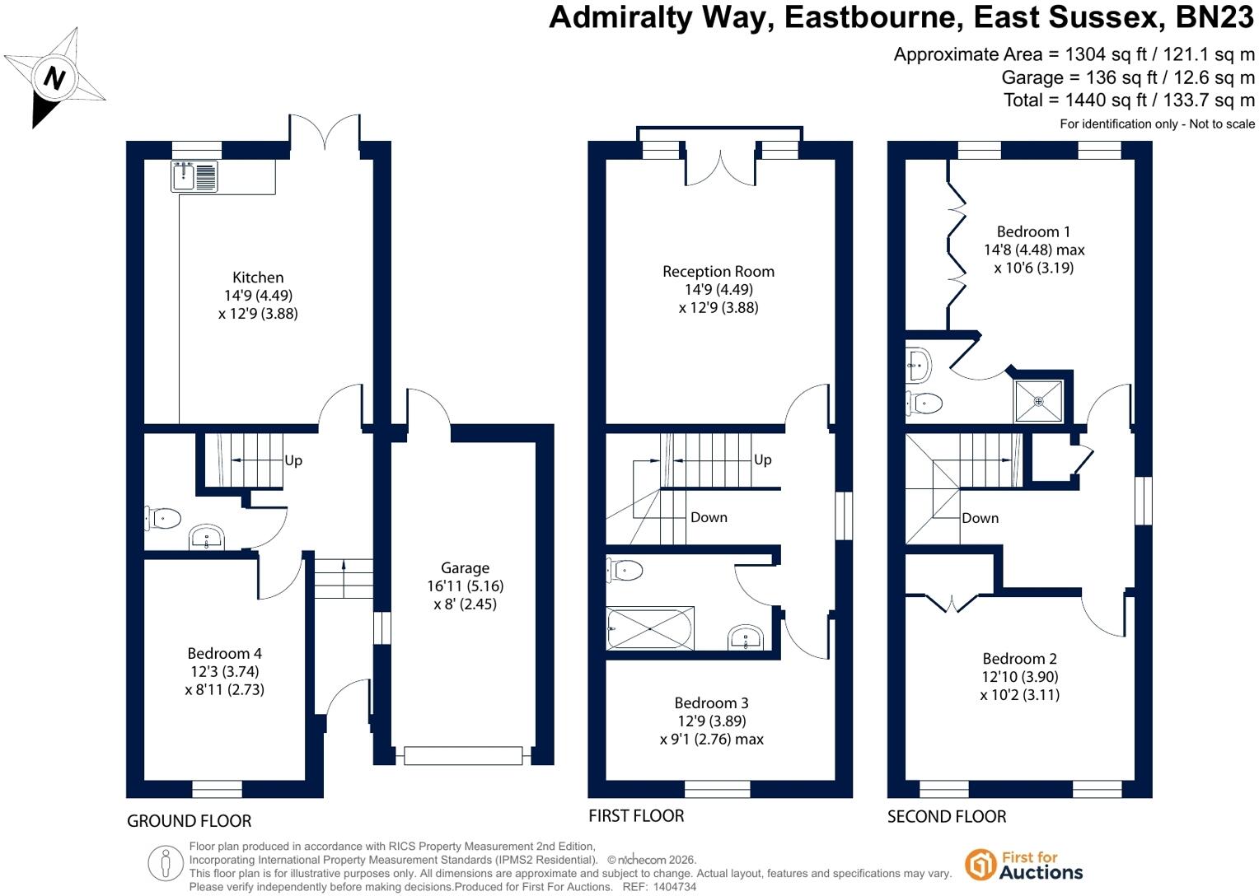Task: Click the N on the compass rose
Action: [54, 77]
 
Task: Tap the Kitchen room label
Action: [258, 277]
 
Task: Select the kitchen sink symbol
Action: [194, 176]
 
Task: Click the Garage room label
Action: [465, 567]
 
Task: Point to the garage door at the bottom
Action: [463, 755]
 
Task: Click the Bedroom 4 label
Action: [224, 653]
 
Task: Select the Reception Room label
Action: [718, 271]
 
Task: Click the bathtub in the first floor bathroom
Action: [650, 628]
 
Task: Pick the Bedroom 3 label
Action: [711, 702]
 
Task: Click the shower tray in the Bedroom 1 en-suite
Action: [1038, 401]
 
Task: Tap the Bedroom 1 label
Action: [1033, 231]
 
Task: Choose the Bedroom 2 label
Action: [1019, 658]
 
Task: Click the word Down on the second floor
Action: [981, 518]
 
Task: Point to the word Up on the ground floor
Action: [293, 460]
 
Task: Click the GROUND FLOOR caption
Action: [190, 821]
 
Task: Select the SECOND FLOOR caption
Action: [947, 816]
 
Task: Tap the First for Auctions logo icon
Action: [981, 865]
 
